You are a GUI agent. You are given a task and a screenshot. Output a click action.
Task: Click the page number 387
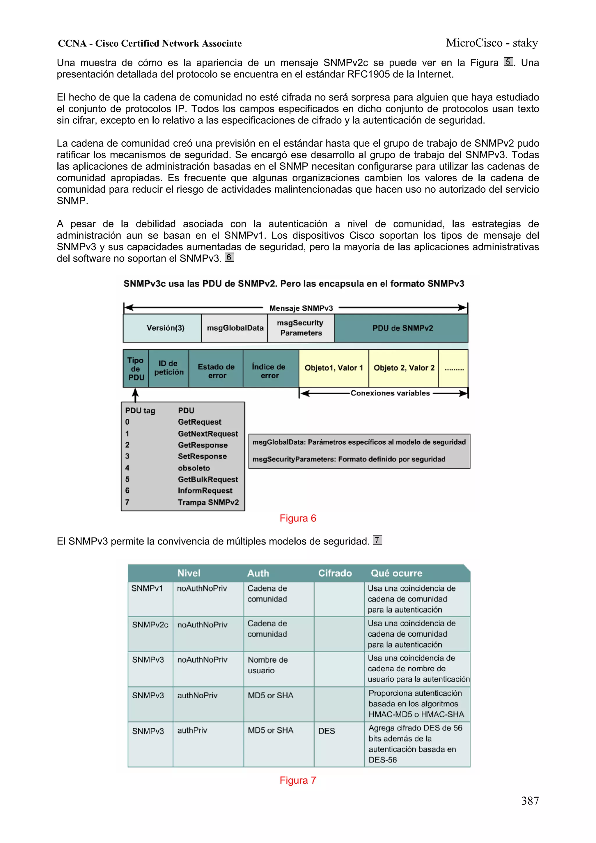(530, 801)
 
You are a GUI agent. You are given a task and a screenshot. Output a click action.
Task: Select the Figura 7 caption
(297, 780)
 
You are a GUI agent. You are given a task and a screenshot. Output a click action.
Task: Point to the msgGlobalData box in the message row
(235, 328)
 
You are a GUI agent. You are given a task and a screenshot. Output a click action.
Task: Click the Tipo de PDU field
(136, 369)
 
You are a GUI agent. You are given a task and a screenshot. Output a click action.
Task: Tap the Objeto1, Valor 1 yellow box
(334, 368)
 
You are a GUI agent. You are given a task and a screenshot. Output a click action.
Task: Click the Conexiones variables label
(390, 393)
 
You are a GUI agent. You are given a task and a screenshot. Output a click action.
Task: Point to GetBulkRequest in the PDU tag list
(208, 479)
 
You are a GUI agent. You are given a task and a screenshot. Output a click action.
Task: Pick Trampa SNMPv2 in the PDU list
(208, 502)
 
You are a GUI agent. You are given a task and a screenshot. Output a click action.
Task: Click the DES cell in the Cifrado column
(327, 731)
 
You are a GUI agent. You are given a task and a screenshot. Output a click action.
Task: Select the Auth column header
(258, 573)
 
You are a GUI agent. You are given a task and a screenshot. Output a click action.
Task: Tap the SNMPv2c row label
(150, 624)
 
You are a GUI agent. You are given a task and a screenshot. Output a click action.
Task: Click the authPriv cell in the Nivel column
(192, 730)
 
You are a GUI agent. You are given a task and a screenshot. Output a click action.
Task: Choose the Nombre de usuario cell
(267, 665)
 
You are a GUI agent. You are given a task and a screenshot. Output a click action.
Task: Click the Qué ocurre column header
(396, 573)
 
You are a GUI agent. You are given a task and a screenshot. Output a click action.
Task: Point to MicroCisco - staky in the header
(492, 43)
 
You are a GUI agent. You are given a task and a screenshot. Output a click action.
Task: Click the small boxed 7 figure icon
(377, 540)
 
